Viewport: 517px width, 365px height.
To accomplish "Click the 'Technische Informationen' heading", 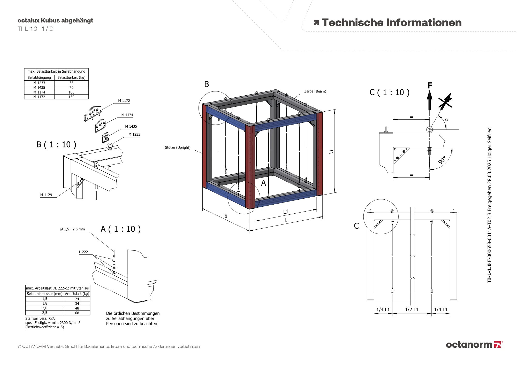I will pyautogui.click(x=391, y=23).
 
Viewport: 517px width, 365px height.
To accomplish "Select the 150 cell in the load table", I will pyautogui.click(x=71, y=97).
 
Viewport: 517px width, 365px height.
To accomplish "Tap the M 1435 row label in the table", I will pyautogui.click(x=39, y=88).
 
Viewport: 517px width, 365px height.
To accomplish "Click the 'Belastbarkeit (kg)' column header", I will pyautogui.click(x=71, y=77).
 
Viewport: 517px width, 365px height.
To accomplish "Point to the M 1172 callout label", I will pyautogui.click(x=124, y=101).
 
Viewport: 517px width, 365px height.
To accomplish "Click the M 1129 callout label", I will pyautogui.click(x=46, y=195).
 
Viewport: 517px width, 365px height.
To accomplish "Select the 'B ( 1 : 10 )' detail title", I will pyautogui.click(x=56, y=144).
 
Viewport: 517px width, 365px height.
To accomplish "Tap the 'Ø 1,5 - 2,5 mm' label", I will pyautogui.click(x=72, y=229).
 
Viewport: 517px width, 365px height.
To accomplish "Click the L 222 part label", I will pyautogui.click(x=83, y=252).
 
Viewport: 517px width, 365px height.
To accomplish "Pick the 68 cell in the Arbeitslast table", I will pyautogui.click(x=77, y=313).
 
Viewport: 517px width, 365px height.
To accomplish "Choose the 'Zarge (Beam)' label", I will pyautogui.click(x=315, y=91).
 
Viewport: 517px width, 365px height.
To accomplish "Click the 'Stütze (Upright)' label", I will pyautogui.click(x=178, y=147).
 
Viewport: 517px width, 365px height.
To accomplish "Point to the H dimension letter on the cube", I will pyautogui.click(x=331, y=152).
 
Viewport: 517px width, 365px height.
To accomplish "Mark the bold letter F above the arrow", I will pyautogui.click(x=430, y=85).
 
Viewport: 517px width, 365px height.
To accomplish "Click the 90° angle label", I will pyautogui.click(x=442, y=160).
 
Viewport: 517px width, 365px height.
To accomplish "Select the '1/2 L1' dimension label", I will pyautogui.click(x=412, y=309).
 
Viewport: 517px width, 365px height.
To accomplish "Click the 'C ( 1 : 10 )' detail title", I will pyautogui.click(x=389, y=92).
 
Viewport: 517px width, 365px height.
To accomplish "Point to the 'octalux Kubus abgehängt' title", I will pyautogui.click(x=55, y=20).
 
